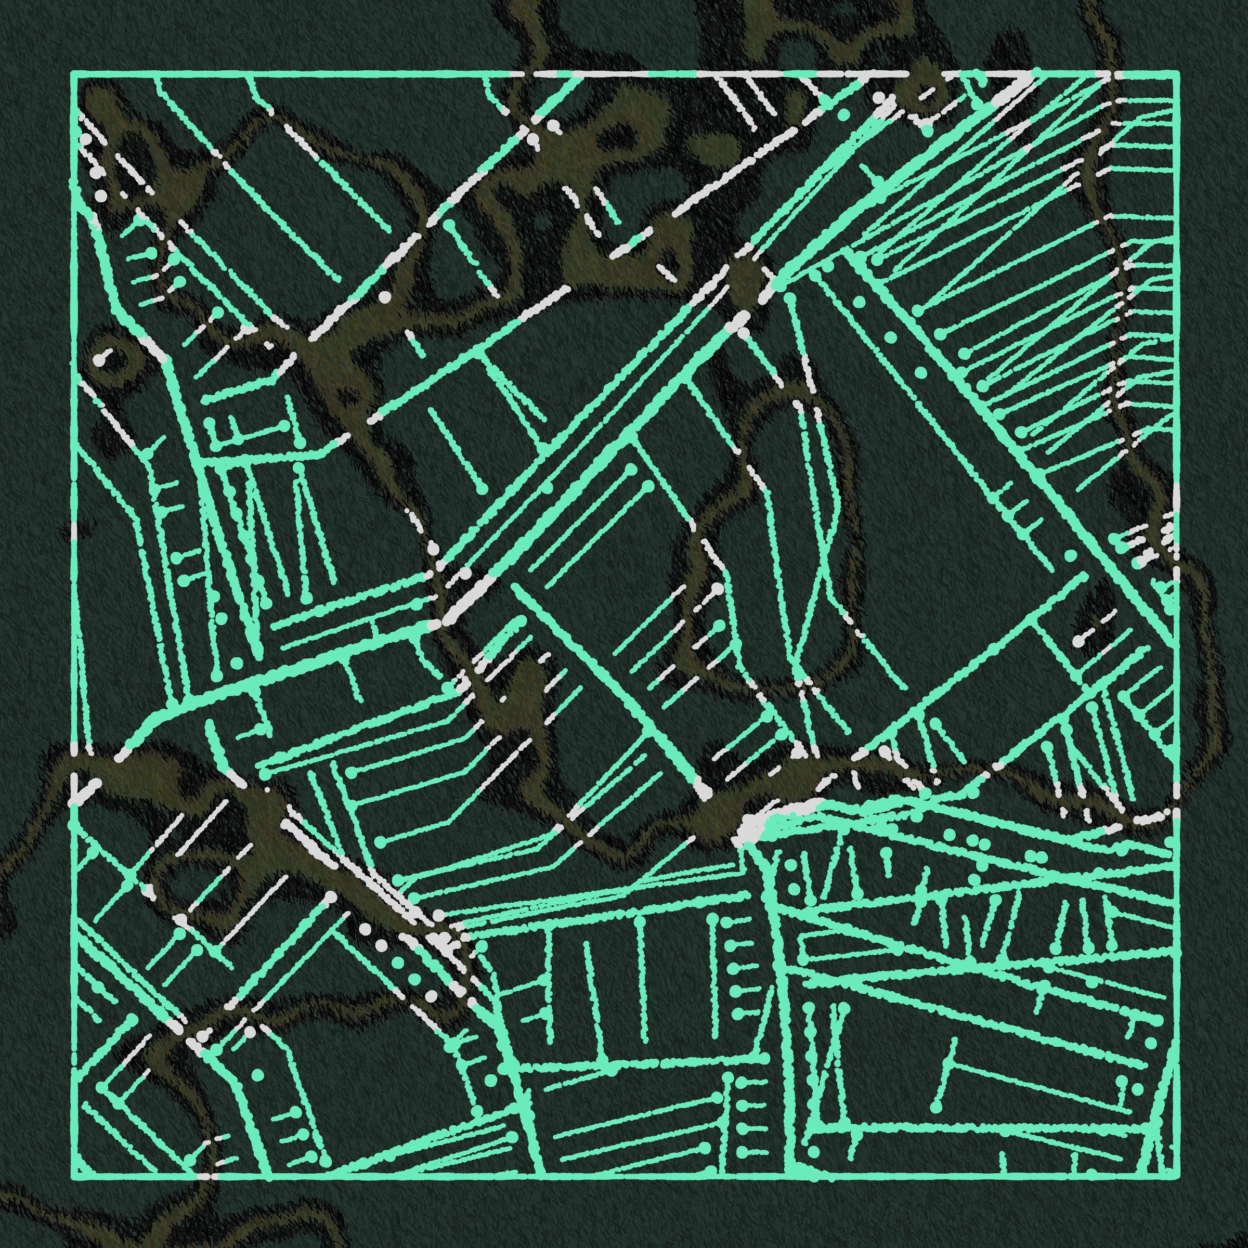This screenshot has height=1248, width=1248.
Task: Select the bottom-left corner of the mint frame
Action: (73, 1176)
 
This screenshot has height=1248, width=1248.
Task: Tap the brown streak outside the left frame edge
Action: (26, 840)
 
